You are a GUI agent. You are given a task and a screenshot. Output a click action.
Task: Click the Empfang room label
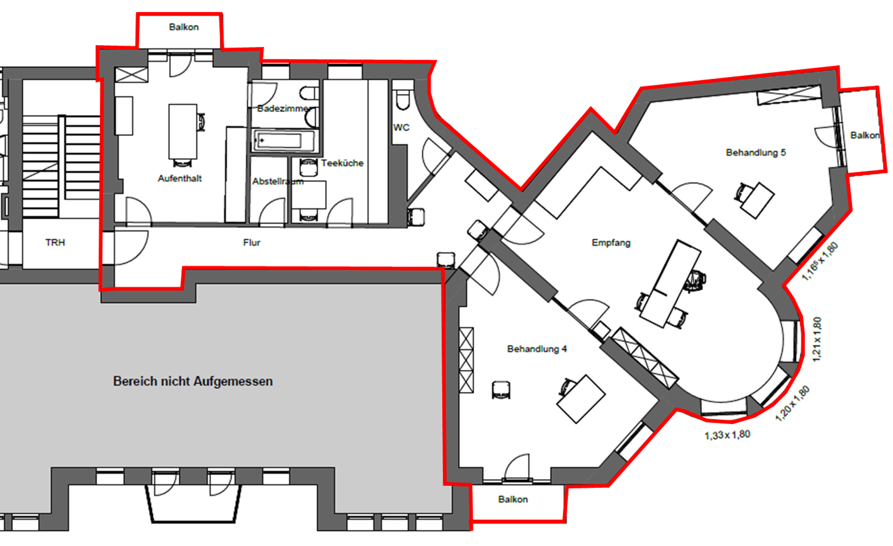click(611, 242)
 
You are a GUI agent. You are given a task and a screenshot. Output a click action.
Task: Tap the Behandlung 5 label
click(755, 152)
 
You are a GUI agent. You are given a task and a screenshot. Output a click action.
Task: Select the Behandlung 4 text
click(537, 348)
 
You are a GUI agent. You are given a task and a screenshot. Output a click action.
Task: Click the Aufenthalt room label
click(179, 178)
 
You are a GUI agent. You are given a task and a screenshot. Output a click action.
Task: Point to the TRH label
click(55, 242)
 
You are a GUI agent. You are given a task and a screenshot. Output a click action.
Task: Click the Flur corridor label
click(252, 242)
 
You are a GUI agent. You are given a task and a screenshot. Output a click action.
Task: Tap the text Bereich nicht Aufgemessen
click(193, 381)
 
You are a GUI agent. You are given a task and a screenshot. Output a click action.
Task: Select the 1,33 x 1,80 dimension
click(727, 435)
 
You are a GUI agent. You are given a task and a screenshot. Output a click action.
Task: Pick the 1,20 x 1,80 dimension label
click(792, 403)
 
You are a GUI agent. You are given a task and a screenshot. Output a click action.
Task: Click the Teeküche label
click(342, 163)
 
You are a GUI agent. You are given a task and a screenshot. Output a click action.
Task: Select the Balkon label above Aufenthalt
click(183, 27)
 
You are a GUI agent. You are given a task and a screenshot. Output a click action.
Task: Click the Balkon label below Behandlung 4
click(512, 499)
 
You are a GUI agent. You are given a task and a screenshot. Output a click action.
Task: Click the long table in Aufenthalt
click(183, 131)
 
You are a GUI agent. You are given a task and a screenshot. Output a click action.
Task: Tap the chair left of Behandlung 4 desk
click(501, 390)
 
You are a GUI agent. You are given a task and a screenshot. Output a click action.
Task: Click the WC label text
click(401, 127)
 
